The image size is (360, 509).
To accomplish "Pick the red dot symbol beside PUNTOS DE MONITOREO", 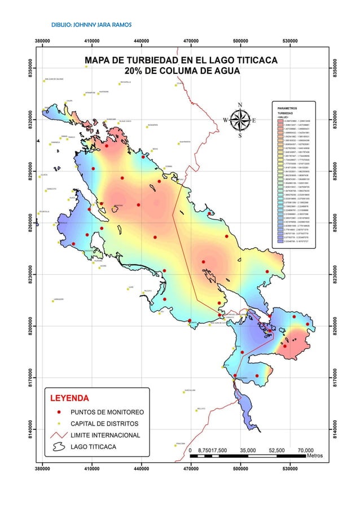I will (x=58, y=411).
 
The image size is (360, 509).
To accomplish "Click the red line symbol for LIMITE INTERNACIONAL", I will (x=58, y=435).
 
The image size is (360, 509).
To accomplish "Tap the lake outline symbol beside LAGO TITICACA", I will (x=58, y=447).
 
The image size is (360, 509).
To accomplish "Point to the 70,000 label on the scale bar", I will (x=305, y=450).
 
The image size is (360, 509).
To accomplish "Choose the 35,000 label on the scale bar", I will (x=248, y=450).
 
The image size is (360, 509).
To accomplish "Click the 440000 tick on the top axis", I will (x=142, y=41).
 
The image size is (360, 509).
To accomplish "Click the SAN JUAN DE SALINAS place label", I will (x=55, y=79).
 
